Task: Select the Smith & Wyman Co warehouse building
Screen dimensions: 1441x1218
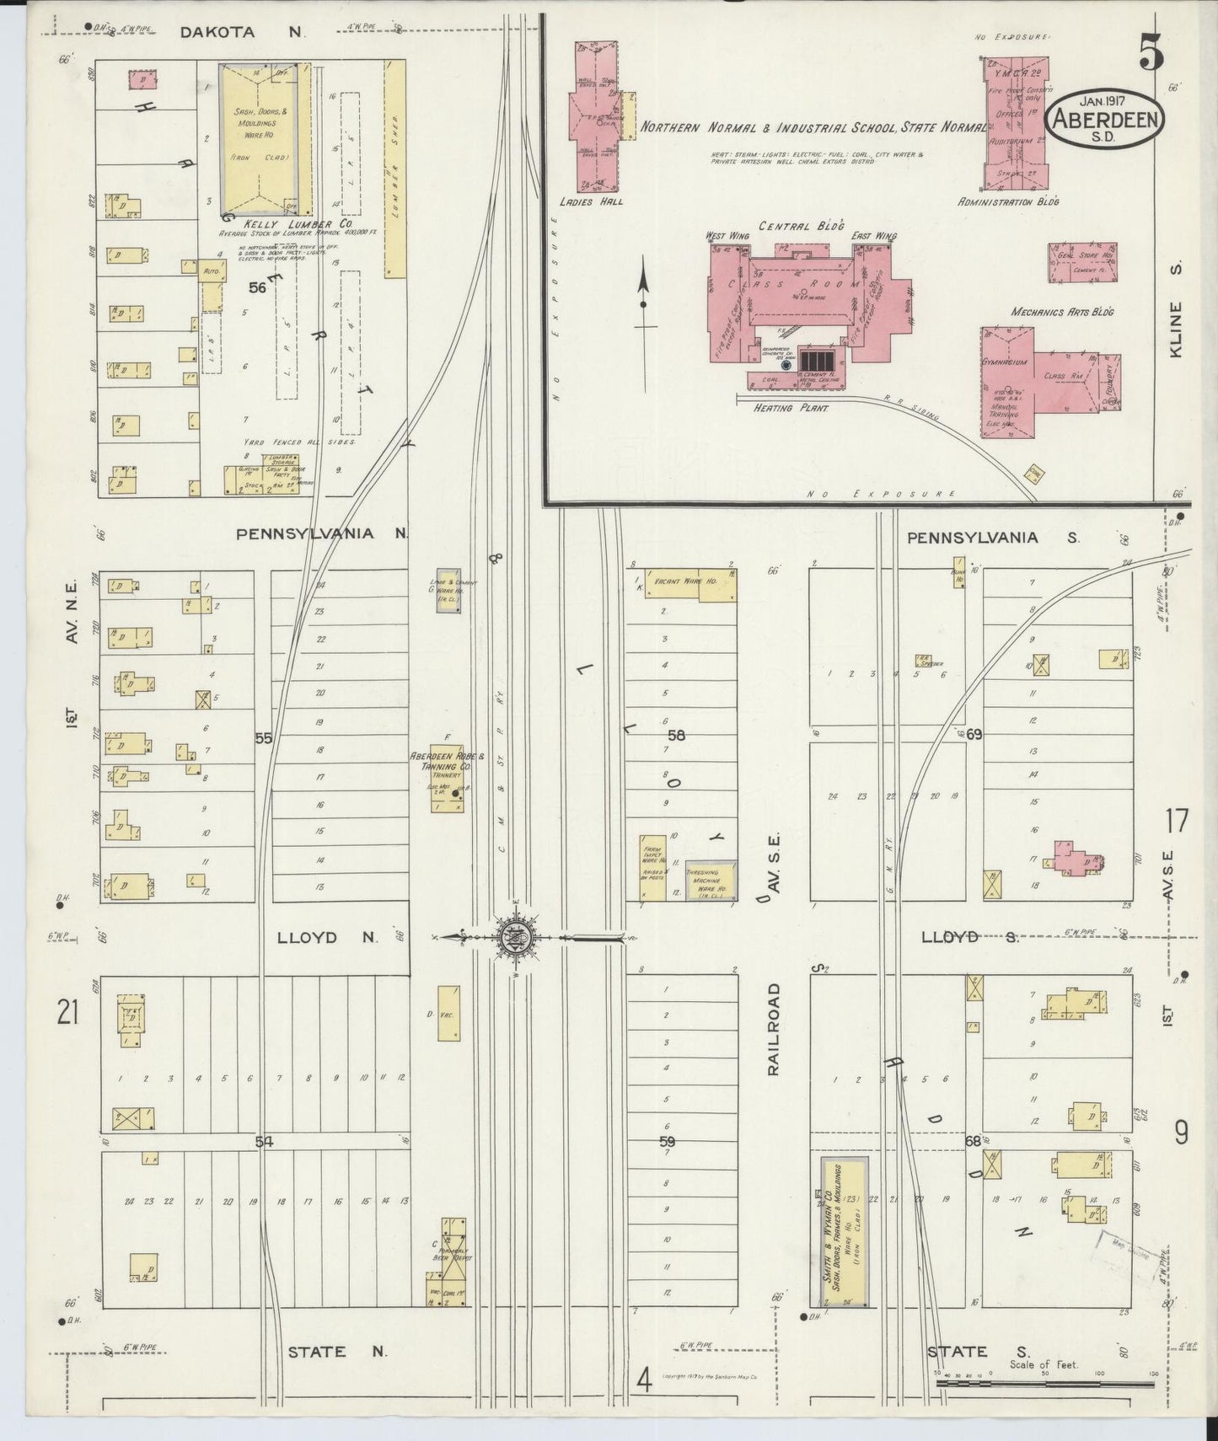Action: tap(845, 1231)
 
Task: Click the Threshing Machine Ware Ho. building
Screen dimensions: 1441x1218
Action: tap(711, 879)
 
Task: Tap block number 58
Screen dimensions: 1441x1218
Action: tap(676, 736)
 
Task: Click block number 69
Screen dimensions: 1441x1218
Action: tap(974, 736)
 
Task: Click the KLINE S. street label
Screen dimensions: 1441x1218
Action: tap(1176, 309)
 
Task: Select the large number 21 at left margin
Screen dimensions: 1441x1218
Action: tap(67, 1012)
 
